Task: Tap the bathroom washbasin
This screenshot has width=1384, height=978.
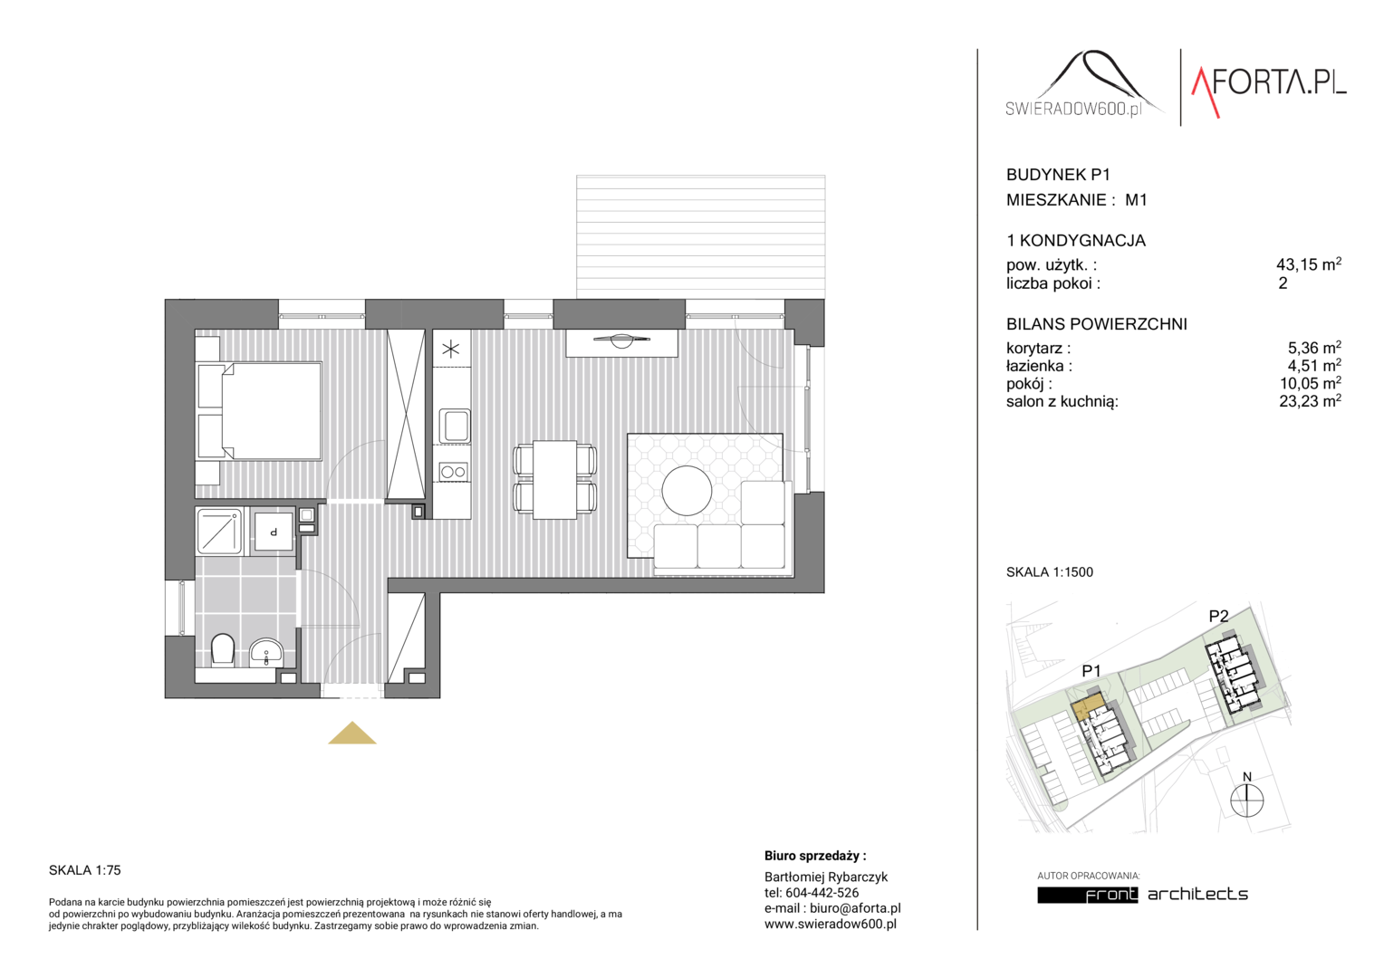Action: [266, 653]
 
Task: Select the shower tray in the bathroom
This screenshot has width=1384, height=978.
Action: [219, 531]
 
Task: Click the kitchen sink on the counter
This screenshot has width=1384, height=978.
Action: [455, 425]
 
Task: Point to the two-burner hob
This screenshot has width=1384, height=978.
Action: [454, 472]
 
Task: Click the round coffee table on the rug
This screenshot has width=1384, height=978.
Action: [687, 491]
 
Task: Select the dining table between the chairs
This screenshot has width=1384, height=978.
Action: [555, 479]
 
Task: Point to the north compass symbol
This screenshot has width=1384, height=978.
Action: [1247, 796]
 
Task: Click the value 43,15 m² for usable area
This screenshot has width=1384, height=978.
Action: [1309, 264]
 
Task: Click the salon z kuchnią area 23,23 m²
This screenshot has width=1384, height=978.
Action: [1310, 401]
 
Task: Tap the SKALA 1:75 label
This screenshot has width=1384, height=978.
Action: [84, 870]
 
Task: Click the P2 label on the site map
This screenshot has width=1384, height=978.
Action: [1218, 616]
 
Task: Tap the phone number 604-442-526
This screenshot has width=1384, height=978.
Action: [822, 892]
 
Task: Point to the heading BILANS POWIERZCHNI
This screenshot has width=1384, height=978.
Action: [1097, 323]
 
